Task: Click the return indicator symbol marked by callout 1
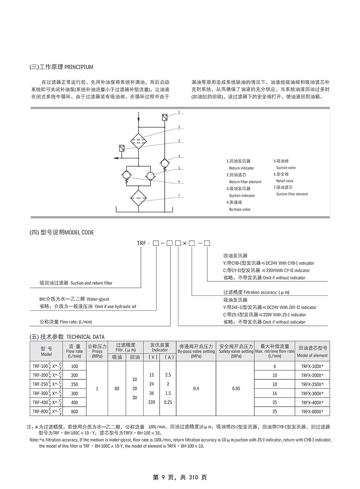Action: [x=164, y=118]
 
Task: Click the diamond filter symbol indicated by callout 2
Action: [x=138, y=141]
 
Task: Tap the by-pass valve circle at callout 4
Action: [x=164, y=163]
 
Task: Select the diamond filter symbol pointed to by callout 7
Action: [x=138, y=198]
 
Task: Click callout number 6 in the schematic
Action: [x=179, y=182]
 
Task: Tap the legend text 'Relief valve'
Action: [x=285, y=181]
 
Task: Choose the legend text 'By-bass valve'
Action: [x=240, y=209]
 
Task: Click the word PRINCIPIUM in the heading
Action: [x=79, y=67]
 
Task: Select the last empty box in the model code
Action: [x=207, y=243]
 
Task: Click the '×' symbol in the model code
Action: [x=185, y=243]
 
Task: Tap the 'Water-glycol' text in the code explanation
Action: [x=100, y=299]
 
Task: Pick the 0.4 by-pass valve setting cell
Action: [x=196, y=389]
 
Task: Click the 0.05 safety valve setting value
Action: [x=236, y=389]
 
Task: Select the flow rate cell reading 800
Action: [x=74, y=412]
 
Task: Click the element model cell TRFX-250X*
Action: [x=312, y=384]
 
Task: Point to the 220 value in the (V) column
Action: [x=152, y=402]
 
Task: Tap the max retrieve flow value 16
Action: [x=275, y=394]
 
